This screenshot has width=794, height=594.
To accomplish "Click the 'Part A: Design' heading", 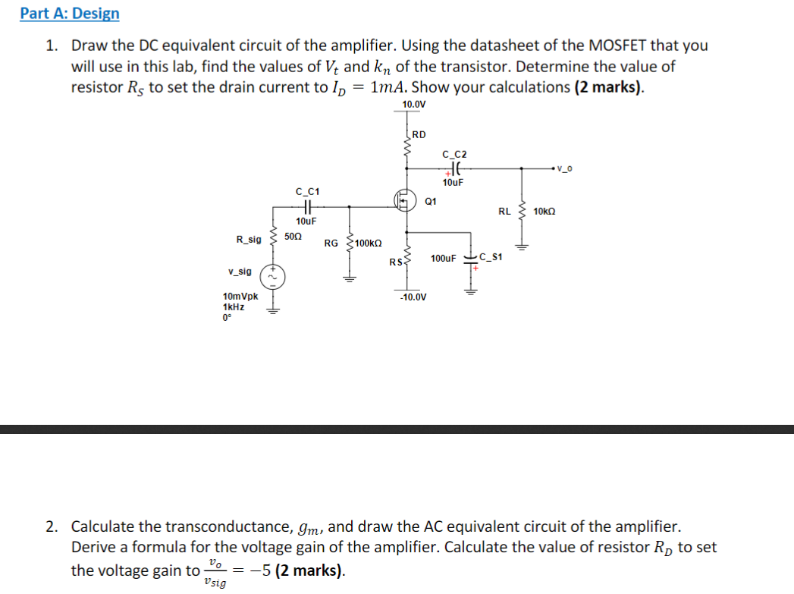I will pos(70,14).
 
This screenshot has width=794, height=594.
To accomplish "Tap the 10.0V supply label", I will pos(414,104).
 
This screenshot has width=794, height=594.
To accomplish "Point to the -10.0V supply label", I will pos(413,297).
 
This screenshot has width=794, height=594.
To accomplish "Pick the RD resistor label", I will pos(419,135).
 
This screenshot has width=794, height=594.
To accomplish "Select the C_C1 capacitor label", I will pos(307,191).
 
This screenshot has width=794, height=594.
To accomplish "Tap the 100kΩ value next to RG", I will pos(368,243).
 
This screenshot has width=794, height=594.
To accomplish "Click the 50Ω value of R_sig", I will pos(293,237).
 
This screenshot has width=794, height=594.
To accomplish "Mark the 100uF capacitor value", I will pos(443,259).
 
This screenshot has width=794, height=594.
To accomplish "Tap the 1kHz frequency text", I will pos(234,307).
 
